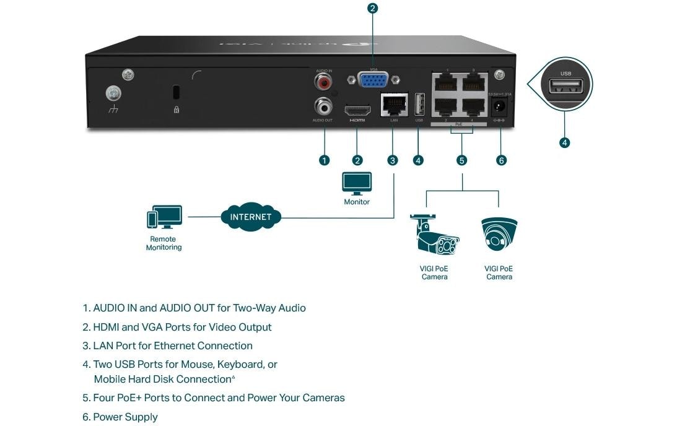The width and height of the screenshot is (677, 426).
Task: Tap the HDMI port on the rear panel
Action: [x=357, y=111]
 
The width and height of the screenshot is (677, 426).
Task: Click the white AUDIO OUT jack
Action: [x=323, y=105]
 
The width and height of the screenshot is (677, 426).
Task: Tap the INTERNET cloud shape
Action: [x=251, y=217]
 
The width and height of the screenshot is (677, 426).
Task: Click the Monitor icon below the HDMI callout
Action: [x=357, y=183]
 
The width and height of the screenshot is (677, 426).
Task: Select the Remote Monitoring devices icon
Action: [x=164, y=217]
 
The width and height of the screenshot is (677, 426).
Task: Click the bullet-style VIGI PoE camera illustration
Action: [x=434, y=235]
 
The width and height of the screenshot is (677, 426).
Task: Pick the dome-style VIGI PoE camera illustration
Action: [x=499, y=234]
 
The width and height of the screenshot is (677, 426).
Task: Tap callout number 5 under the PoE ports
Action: [x=461, y=160]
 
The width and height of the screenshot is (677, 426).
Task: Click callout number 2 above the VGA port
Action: [x=372, y=8]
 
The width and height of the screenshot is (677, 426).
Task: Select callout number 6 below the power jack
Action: [x=501, y=160]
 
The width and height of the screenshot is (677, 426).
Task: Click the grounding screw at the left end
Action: [x=113, y=93]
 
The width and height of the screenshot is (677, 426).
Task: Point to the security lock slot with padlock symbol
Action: [x=176, y=93]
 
